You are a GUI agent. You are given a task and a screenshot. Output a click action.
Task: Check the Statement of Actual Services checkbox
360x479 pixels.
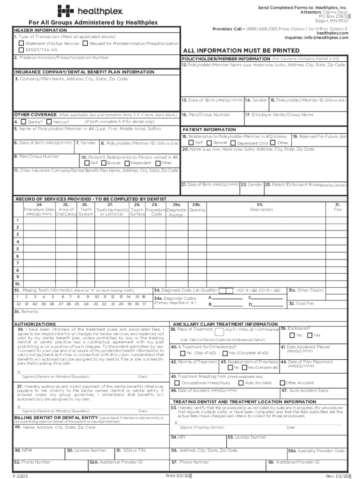pyautogui.click(x=21, y=44)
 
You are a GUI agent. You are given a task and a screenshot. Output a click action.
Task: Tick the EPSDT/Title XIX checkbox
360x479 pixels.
pyautogui.click(x=21, y=50)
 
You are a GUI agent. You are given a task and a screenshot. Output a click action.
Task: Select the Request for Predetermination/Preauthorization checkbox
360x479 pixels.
pyautogui.click(x=85, y=44)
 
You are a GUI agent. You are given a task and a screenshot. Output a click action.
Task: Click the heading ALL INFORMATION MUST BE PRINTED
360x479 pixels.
pyautogui.click(x=241, y=50)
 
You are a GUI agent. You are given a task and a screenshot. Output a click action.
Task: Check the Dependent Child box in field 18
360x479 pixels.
pyautogui.click(x=233, y=143)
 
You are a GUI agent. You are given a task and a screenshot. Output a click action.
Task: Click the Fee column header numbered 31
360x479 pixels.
pyautogui.click(x=337, y=207)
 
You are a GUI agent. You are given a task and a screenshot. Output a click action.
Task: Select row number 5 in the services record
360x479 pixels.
pyautogui.click(x=18, y=249)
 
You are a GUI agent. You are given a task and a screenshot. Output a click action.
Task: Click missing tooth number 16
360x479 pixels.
pyautogui.click(x=137, y=297)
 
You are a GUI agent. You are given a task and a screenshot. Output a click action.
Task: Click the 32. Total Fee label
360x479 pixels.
pyautogui.click(x=302, y=304)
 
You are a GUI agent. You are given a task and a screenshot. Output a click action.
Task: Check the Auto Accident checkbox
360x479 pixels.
pyautogui.click(x=241, y=383)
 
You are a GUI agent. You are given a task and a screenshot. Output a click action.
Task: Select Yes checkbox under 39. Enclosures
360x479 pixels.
pyautogui.click(x=310, y=335)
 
